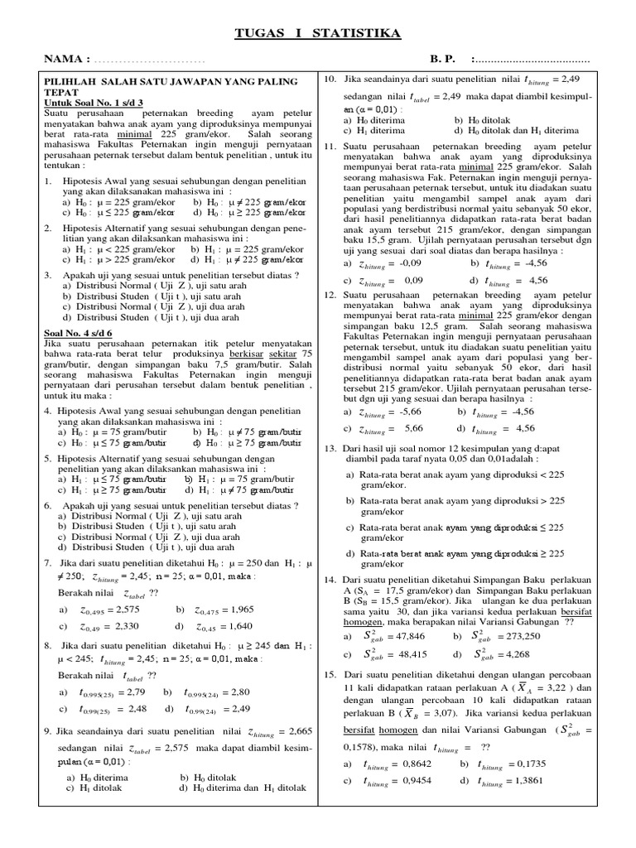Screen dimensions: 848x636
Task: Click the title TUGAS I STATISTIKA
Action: [x=319, y=32]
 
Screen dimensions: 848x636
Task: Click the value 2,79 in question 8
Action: [x=134, y=691]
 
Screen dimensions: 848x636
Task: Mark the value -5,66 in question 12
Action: [x=411, y=411]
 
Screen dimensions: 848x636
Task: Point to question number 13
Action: [x=329, y=447]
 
